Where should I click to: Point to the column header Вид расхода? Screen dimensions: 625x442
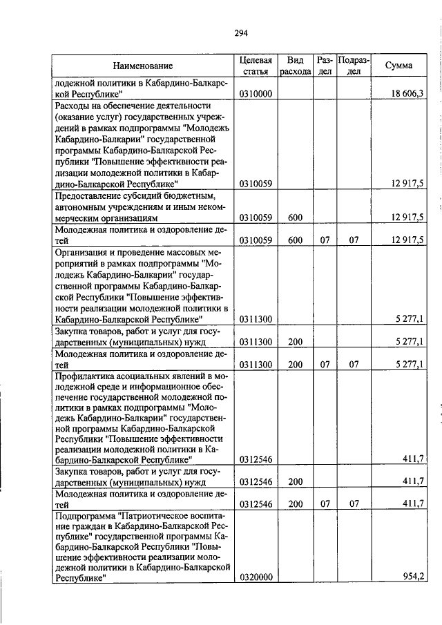pos(296,66)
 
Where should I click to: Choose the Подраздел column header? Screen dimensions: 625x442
pos(354,66)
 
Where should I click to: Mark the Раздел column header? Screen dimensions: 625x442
pos(325,66)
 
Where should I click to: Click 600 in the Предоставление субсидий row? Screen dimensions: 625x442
pos(296,218)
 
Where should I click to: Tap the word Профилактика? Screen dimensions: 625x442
pos(83,376)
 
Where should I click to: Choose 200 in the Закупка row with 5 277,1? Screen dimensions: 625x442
pos(296,341)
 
